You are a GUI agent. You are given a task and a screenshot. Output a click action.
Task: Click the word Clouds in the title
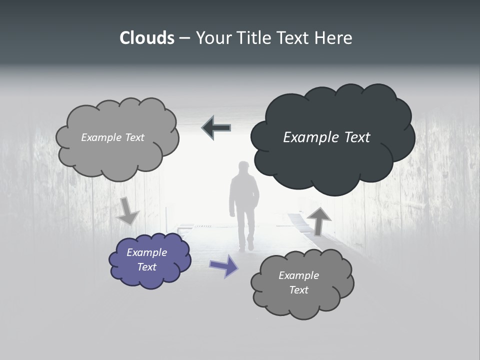(x=147, y=38)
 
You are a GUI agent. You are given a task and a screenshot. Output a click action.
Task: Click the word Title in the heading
(x=255, y=38)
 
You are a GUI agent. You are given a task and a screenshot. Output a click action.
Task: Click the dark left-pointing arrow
(x=216, y=128)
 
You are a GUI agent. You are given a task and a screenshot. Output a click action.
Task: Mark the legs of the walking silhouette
(x=245, y=232)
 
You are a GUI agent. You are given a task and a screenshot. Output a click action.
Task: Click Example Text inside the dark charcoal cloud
(x=326, y=137)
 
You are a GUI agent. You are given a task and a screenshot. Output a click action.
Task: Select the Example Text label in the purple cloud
(x=146, y=259)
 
